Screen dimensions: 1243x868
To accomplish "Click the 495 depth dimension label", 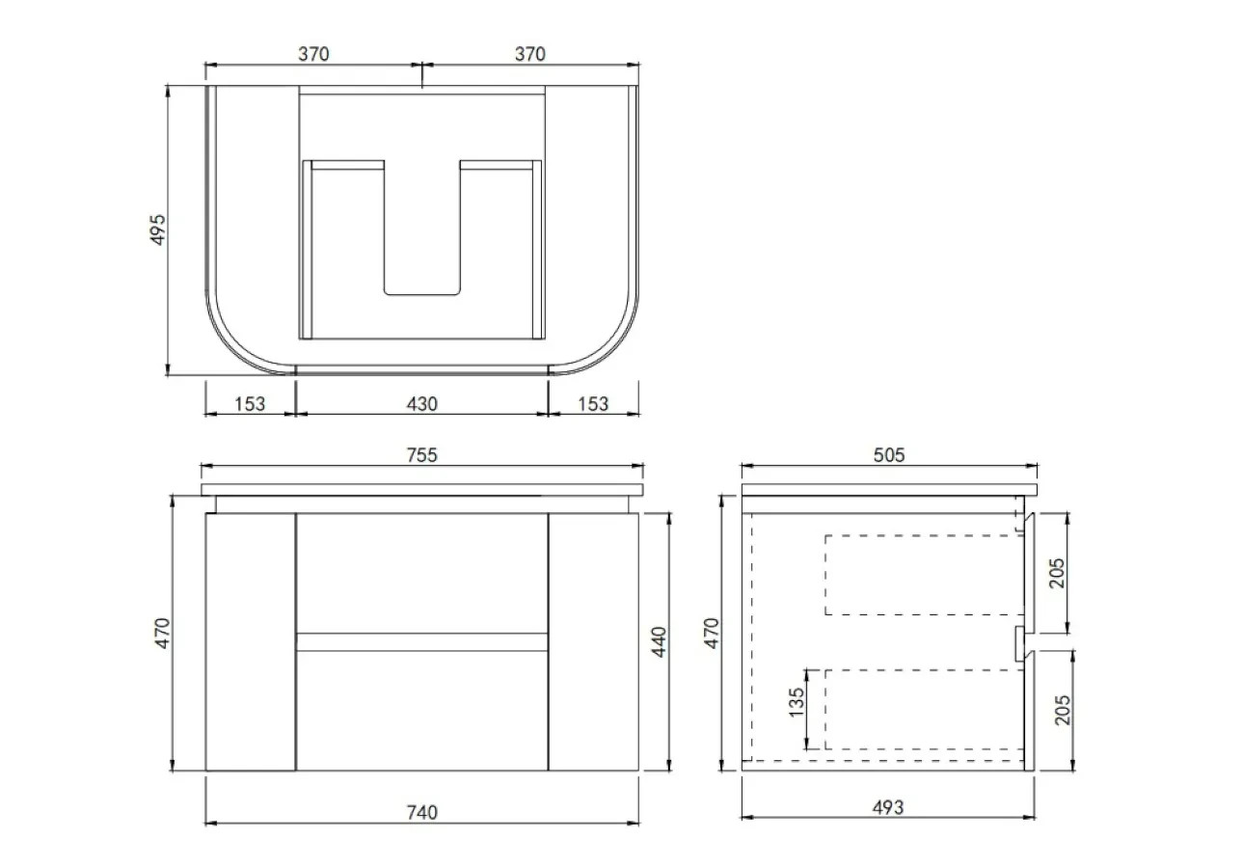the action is click(x=158, y=230).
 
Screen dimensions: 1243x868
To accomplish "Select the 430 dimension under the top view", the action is click(x=421, y=404).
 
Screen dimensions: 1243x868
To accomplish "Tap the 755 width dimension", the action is click(x=421, y=455).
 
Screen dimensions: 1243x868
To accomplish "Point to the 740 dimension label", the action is click(x=421, y=812).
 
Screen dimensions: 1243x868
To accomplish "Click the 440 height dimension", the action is click(x=659, y=642).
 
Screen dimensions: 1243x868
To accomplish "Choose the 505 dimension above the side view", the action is click(x=889, y=455).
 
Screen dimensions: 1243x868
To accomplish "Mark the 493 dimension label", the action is click(x=888, y=807).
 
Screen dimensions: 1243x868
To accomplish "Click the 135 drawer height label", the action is click(x=797, y=702).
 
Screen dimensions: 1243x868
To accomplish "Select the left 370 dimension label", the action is click(x=313, y=54).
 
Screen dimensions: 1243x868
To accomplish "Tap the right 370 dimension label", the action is click(x=530, y=54).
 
